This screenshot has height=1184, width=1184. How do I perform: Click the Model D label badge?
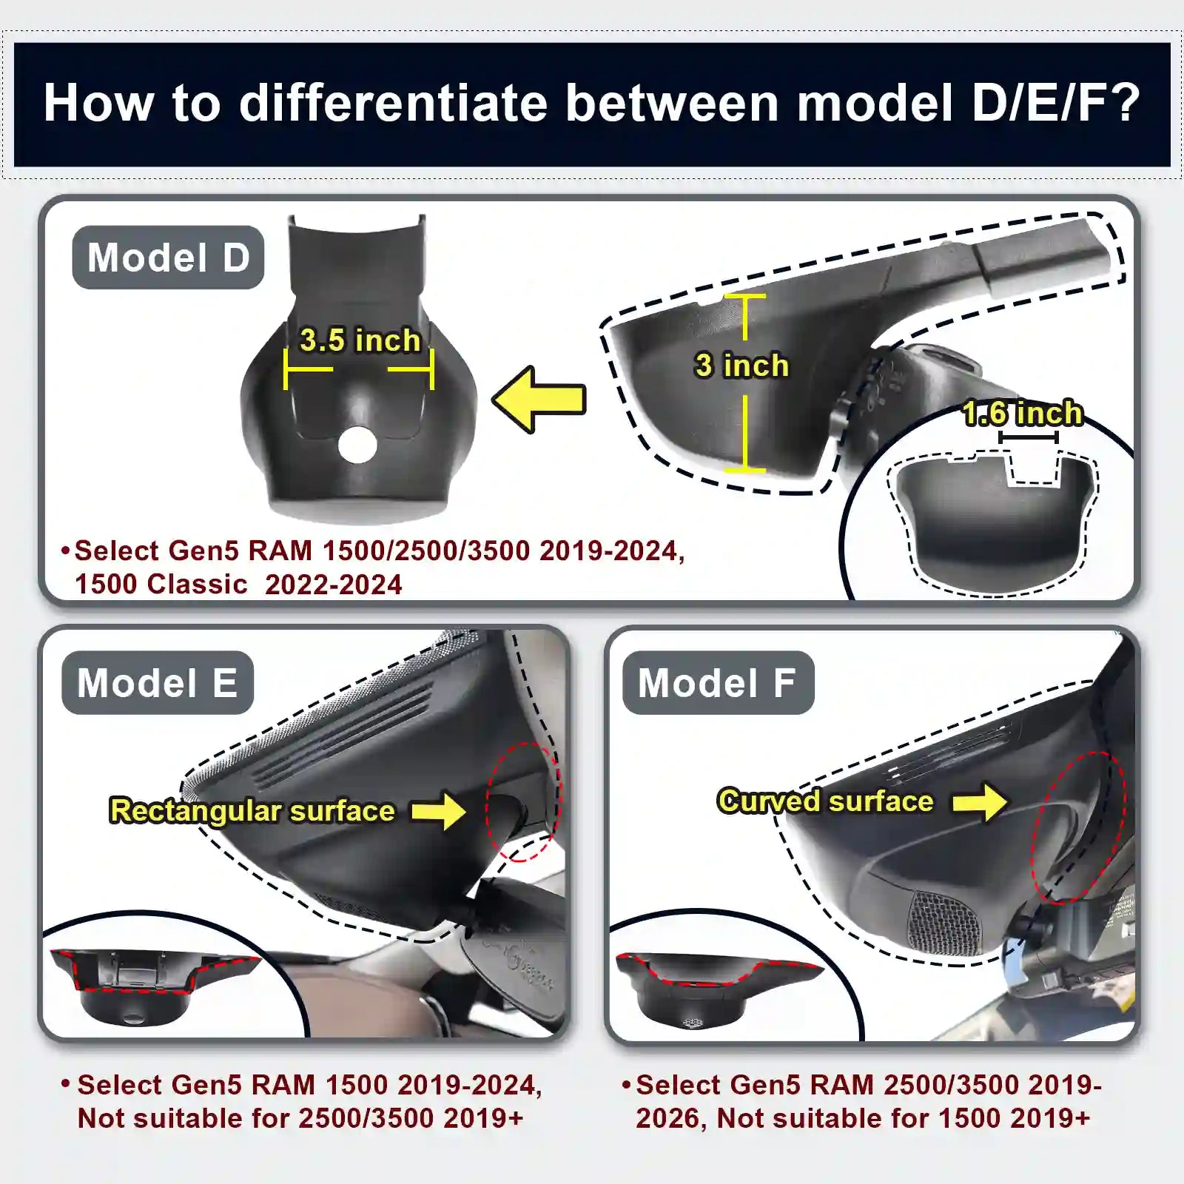tap(168, 258)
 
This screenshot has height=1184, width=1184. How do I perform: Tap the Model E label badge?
tap(158, 682)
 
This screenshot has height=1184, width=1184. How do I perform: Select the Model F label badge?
tap(718, 682)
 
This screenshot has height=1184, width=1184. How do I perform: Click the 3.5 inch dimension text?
tap(360, 340)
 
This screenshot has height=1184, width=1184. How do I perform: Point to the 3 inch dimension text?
tap(741, 366)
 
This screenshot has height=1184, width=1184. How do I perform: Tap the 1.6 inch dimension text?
tap(1023, 413)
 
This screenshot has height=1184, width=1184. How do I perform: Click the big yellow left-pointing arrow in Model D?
tap(539, 400)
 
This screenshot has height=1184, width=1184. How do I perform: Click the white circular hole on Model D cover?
tap(357, 445)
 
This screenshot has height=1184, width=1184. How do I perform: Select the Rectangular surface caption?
tap(252, 811)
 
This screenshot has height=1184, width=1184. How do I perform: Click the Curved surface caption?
tap(825, 801)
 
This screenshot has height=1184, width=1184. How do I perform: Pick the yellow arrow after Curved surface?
tap(980, 801)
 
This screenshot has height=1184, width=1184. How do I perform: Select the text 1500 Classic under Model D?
tap(161, 585)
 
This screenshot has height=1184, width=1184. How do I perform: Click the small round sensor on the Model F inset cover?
tap(693, 1023)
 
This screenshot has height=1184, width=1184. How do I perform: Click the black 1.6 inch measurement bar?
tap(1029, 437)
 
